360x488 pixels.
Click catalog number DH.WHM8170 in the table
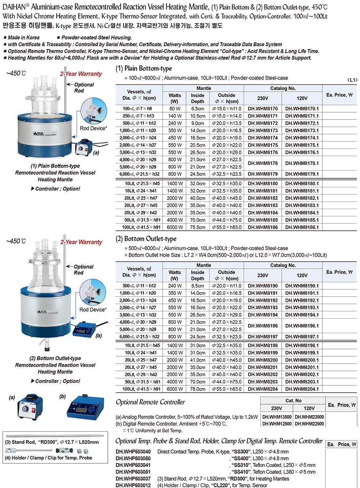point(262,109)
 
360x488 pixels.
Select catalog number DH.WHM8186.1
point(302,228)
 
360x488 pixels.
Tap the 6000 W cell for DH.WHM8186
point(175,228)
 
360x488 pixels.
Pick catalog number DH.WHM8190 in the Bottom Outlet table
point(262,286)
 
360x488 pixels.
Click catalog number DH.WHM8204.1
point(302,389)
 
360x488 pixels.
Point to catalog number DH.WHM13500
point(276,416)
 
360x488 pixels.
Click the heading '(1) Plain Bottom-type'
point(144,68)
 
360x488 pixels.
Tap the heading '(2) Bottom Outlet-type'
point(146,239)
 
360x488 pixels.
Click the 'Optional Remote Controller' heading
point(150,402)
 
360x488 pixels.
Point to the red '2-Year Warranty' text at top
point(81,74)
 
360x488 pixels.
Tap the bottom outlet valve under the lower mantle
point(47,344)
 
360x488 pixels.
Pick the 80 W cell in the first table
point(175,109)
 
